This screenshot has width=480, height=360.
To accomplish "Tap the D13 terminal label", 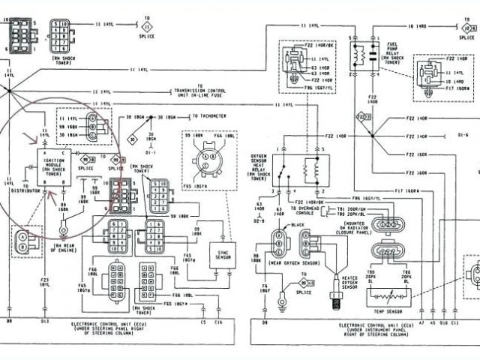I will click(44, 321).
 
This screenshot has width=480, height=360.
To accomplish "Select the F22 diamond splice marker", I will click(362, 118).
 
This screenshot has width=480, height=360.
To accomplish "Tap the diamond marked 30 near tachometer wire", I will click(133, 138).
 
